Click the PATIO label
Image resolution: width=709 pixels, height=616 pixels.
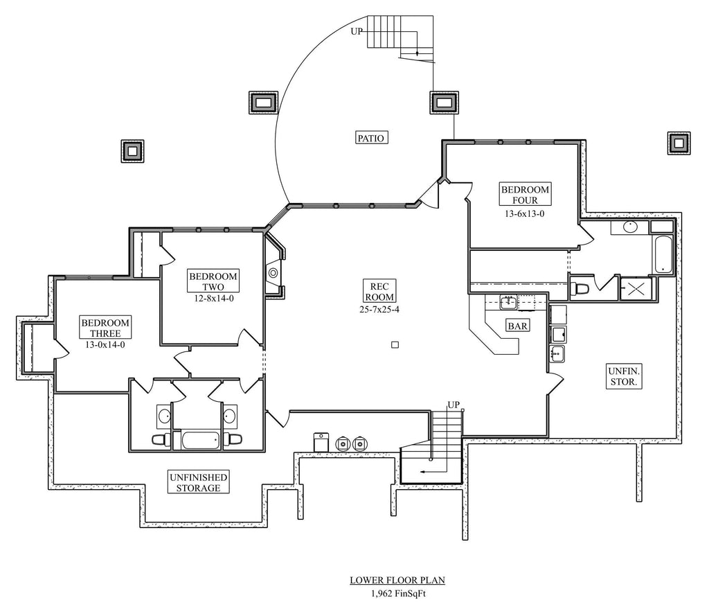(371, 137)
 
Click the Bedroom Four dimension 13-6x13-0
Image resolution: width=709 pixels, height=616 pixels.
(525, 214)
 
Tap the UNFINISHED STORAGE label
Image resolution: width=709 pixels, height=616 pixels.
(197, 482)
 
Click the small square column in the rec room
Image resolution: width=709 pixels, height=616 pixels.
(395, 344)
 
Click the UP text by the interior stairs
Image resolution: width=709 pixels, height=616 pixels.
(454, 404)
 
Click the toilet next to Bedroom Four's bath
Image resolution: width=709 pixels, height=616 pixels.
(580, 288)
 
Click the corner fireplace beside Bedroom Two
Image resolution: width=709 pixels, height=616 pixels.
(274, 273)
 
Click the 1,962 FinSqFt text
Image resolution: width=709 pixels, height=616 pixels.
(392, 593)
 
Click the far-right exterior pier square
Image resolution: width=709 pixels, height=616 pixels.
(679, 143)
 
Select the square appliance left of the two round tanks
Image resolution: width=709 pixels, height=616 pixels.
(321, 441)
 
